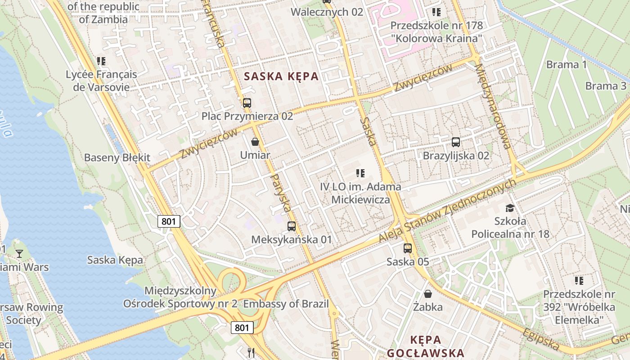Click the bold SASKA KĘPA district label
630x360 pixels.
coord(281,76)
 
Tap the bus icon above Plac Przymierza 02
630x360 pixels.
coord(247,103)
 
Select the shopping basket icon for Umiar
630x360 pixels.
coord(255,142)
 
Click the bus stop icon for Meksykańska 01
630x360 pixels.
coord(292,226)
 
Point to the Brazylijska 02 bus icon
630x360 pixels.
coord(455,142)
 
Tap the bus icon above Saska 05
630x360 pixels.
coord(407,248)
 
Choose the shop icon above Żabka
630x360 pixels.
coord(428,294)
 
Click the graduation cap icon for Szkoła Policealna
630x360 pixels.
coord(509,208)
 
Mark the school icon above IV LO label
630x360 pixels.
coord(360,173)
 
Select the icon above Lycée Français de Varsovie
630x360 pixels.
coord(101,61)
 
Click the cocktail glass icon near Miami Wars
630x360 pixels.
coord(19,254)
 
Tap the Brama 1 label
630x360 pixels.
coord(567,64)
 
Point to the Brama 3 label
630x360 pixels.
coord(606,86)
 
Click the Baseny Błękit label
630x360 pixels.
coord(117,157)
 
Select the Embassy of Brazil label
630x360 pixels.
coord(286,303)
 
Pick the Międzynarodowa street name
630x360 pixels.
coord(493,106)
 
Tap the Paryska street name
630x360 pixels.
coord(280,193)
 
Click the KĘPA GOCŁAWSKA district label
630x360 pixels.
coord(425,346)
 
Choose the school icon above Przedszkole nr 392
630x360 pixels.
coord(579,281)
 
